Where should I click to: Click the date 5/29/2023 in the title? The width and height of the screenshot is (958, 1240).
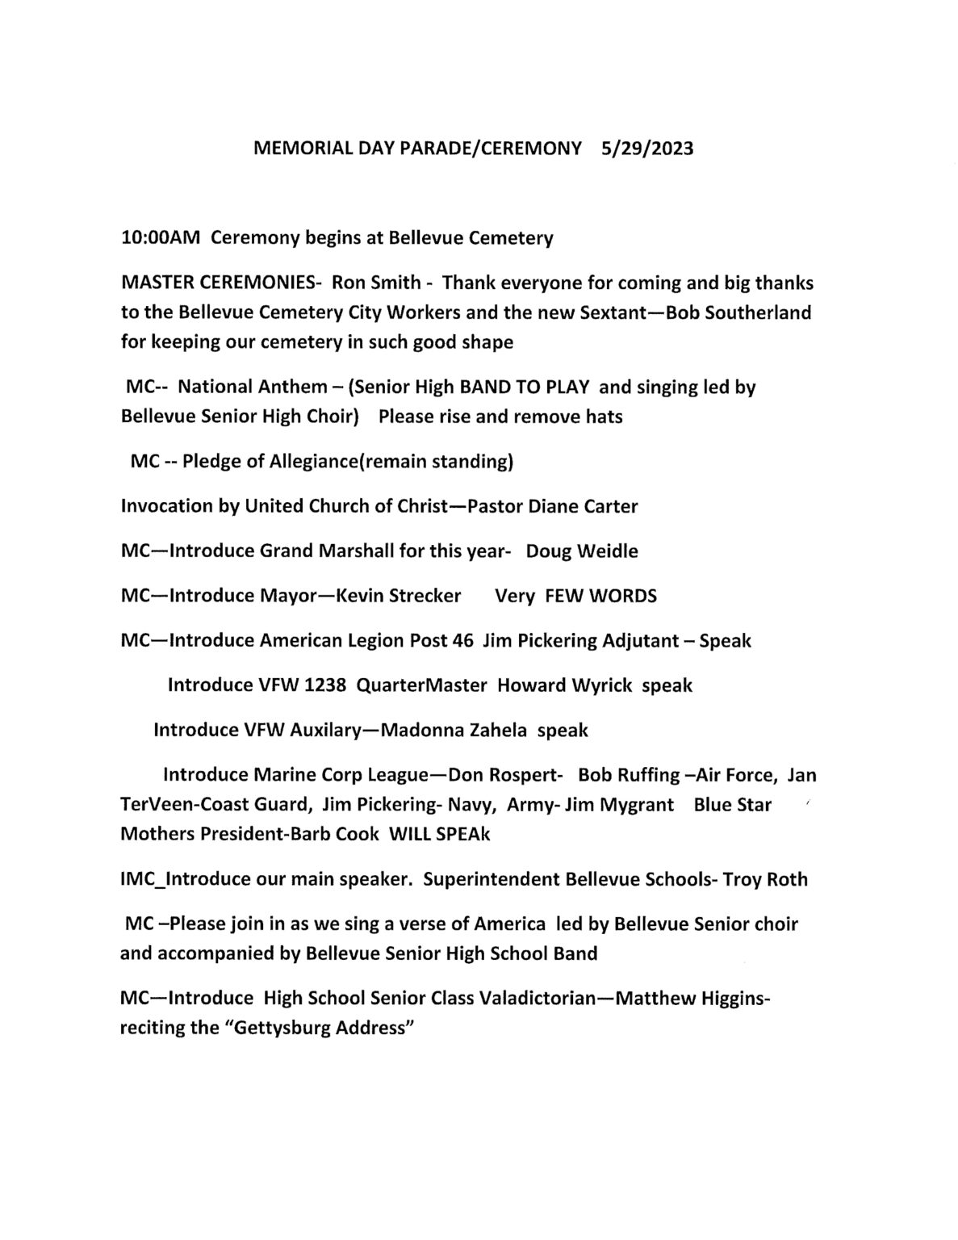646,149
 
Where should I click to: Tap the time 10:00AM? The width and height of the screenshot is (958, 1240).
160,238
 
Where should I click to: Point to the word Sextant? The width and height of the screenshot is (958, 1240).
616,312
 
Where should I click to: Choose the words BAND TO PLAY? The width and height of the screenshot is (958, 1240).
524,387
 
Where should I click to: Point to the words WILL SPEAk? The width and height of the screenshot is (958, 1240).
439,834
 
